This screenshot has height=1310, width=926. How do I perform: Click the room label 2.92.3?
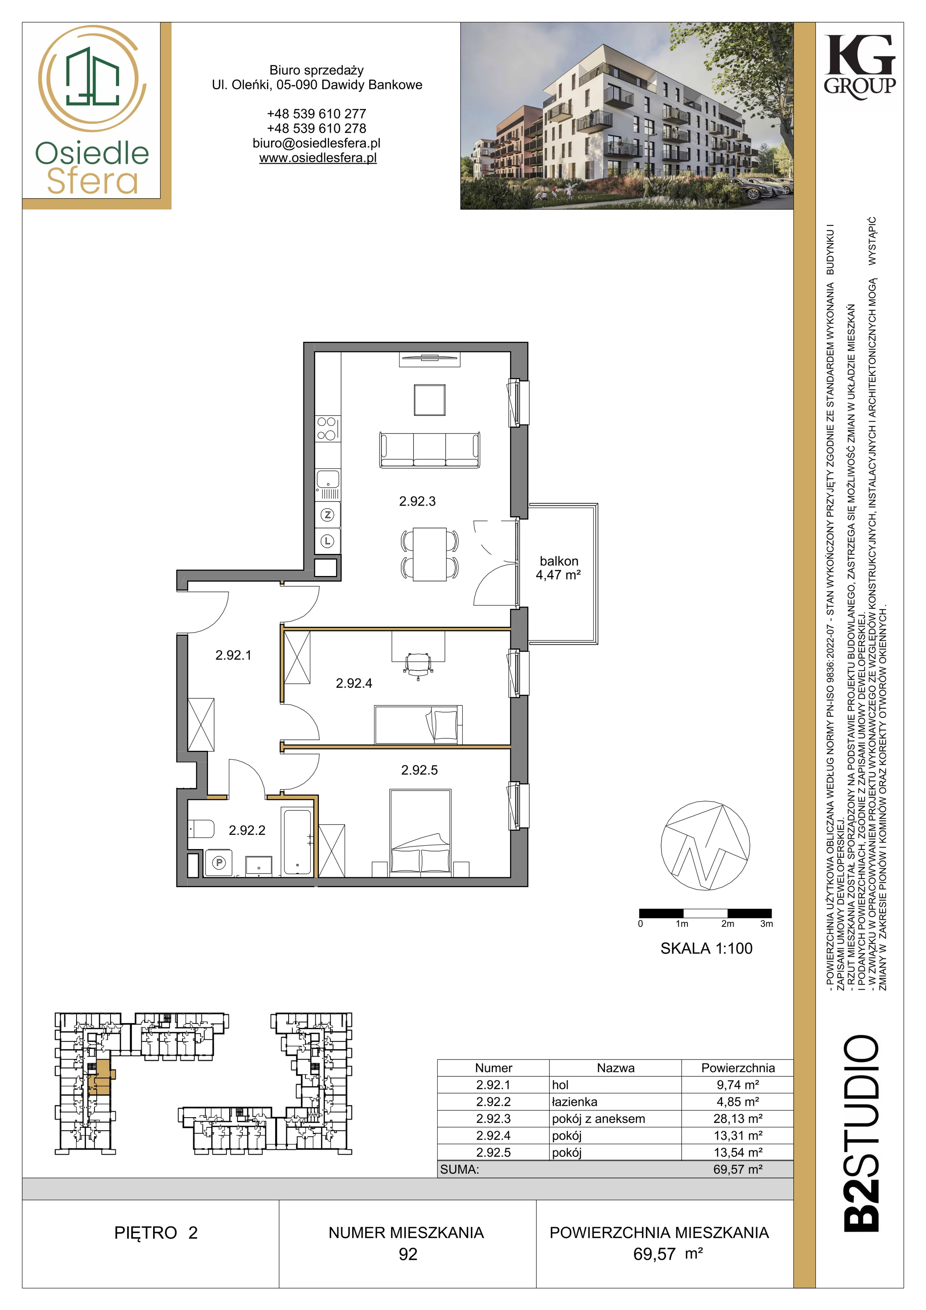(x=417, y=501)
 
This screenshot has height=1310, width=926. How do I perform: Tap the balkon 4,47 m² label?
(x=558, y=568)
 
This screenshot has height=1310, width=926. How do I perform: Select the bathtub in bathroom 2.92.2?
(x=297, y=842)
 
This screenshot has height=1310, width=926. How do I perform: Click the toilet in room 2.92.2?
(x=201, y=829)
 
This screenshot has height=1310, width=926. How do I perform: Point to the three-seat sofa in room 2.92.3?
(x=429, y=450)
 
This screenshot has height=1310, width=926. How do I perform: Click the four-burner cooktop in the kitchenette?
(x=328, y=429)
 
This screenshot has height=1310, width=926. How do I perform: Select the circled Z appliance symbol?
(x=327, y=515)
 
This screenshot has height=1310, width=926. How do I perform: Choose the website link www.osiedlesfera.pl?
(x=318, y=158)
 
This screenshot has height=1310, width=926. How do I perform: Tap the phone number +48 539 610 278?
(x=317, y=129)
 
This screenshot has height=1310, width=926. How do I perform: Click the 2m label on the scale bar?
(x=727, y=924)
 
